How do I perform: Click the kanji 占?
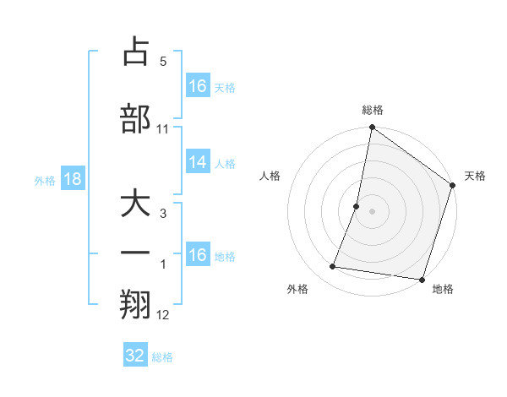click(x=135, y=52)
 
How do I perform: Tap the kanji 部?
click(x=135, y=119)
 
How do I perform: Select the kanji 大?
click(x=135, y=206)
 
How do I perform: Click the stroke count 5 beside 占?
click(x=163, y=62)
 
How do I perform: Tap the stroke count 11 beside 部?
click(x=163, y=129)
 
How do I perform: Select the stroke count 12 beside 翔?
click(x=163, y=315)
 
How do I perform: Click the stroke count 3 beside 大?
click(x=163, y=215)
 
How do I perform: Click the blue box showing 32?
click(x=135, y=356)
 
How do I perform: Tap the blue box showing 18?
click(x=72, y=179)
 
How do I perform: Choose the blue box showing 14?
click(x=198, y=162)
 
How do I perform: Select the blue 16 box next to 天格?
click(x=198, y=86)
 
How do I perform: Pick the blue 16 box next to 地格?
click(x=198, y=255)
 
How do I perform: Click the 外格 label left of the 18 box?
click(x=45, y=180)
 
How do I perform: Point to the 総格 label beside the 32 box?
click(x=162, y=357)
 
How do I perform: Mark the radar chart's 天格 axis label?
click(x=476, y=176)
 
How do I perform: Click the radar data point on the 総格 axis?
click(x=371, y=128)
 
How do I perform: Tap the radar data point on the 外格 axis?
click(x=333, y=267)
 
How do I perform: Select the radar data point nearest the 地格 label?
click(x=422, y=279)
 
